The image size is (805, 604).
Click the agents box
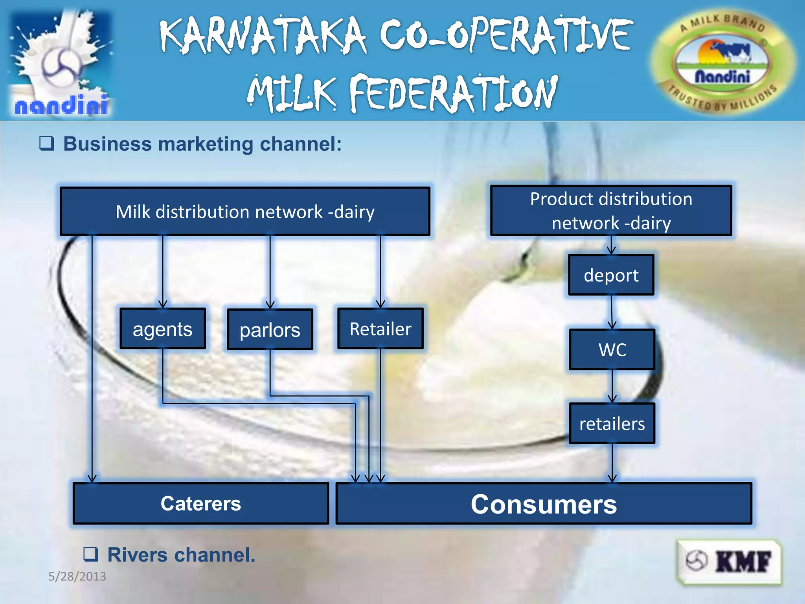(162, 329)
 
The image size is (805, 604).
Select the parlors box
(270, 330)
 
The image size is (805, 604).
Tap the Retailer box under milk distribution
(380, 329)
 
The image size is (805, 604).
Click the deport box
(611, 275)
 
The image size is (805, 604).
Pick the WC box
(612, 350)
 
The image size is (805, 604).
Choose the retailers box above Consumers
(612, 424)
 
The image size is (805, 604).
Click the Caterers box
(200, 504)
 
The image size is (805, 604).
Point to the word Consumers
(544, 504)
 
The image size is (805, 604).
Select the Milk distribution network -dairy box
(245, 212)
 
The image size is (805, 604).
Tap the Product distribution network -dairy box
(611, 211)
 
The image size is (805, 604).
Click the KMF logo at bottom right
(729, 561)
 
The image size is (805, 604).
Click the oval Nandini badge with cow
(722, 63)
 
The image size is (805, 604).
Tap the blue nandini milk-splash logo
(61, 63)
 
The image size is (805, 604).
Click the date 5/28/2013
(77, 576)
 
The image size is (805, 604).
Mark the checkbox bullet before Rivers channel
(90, 554)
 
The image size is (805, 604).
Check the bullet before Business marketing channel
(46, 144)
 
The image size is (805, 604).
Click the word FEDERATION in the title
(453, 94)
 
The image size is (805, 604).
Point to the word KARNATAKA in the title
(263, 35)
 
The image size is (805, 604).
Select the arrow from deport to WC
(612, 313)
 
